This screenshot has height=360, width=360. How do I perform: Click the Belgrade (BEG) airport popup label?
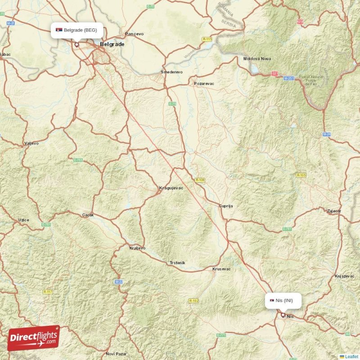click(x=77, y=30)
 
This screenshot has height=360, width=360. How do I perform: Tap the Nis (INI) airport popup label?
click(x=283, y=301)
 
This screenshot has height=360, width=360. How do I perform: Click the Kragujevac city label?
click(x=171, y=188)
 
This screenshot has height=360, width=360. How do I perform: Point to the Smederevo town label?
click(x=172, y=72)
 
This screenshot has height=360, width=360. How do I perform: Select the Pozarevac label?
click(x=205, y=84)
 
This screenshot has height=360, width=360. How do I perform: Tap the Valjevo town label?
click(x=31, y=144)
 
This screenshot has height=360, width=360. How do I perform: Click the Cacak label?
click(x=88, y=215)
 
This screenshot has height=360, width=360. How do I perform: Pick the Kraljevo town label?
click(x=137, y=248)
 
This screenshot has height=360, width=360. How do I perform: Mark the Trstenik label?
click(x=177, y=262)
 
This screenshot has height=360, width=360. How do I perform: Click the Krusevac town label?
click(x=221, y=269)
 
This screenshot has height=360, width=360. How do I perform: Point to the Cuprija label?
click(x=226, y=206)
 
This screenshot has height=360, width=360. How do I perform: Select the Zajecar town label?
click(x=334, y=211)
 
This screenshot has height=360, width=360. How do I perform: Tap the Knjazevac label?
click(x=345, y=275)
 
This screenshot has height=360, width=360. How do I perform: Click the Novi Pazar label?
click(x=115, y=354)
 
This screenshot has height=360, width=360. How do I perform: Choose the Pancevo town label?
click(x=134, y=34)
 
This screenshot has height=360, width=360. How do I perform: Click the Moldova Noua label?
click(x=257, y=59)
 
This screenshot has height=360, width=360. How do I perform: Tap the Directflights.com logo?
click(x=33, y=338)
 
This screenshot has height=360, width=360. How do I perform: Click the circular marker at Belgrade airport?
click(x=77, y=45)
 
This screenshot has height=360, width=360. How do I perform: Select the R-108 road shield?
click(x=200, y=180)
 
